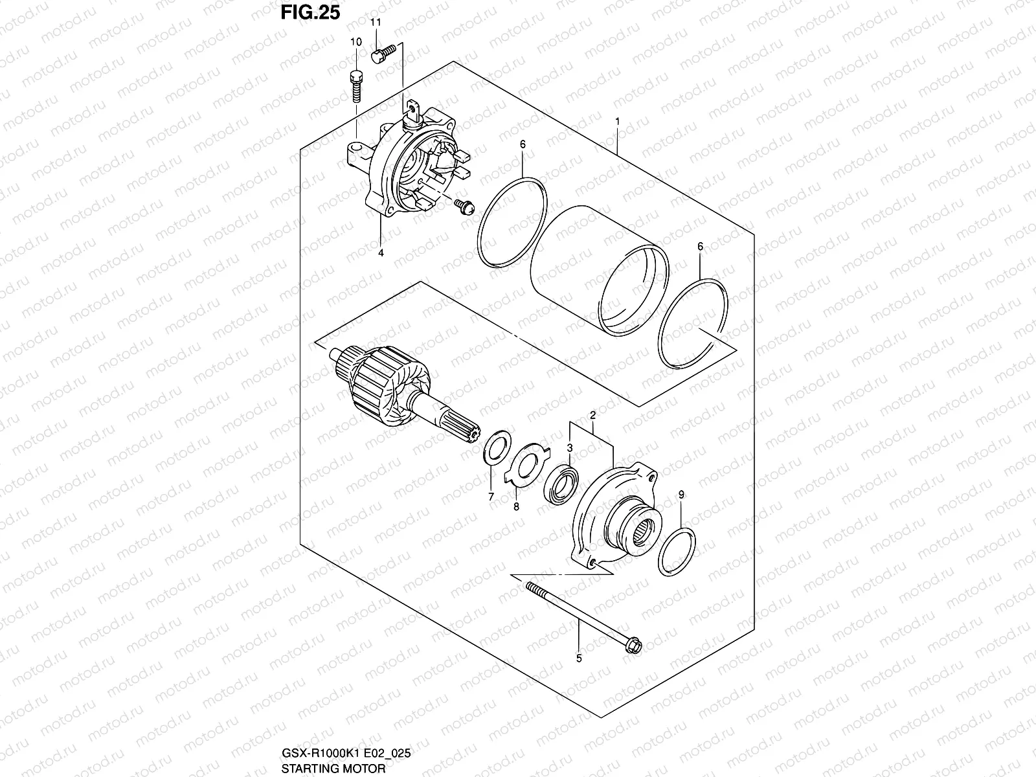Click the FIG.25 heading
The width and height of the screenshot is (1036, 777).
(310, 12)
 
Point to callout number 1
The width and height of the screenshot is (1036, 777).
(618, 121)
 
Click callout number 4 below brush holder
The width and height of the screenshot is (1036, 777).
(381, 253)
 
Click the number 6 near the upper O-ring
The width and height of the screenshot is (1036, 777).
(522, 145)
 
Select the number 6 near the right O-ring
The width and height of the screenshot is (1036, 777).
(700, 246)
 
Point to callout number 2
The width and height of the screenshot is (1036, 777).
(592, 414)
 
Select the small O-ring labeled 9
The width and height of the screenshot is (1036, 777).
(677, 550)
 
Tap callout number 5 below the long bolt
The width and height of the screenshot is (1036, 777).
(579, 659)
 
